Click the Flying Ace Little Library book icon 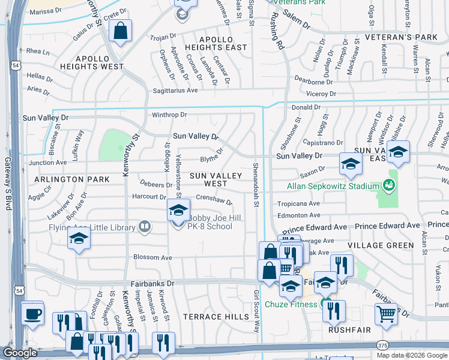144,226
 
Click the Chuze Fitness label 292,304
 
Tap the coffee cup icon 32,313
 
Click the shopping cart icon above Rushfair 386,313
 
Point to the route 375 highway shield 382,345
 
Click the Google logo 19,353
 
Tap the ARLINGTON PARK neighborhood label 71,179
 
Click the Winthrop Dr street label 169,115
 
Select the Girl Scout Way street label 257,311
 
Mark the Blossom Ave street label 152,257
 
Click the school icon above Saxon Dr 351,164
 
